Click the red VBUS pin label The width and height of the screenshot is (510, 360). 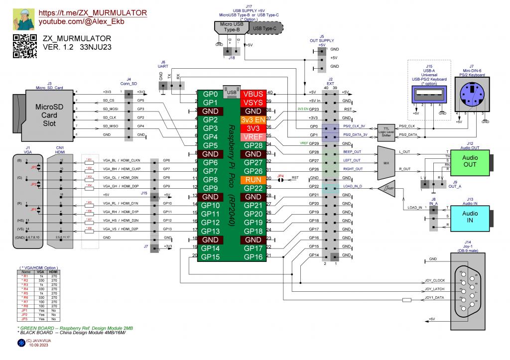click(x=253, y=94)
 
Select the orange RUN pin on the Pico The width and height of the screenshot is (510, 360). click(x=253, y=179)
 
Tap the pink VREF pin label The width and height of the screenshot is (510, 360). click(x=253, y=137)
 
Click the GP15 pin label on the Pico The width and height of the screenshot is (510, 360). click(x=211, y=257)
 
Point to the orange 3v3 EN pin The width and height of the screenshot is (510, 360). click(x=253, y=120)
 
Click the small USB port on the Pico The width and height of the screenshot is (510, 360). click(x=231, y=92)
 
